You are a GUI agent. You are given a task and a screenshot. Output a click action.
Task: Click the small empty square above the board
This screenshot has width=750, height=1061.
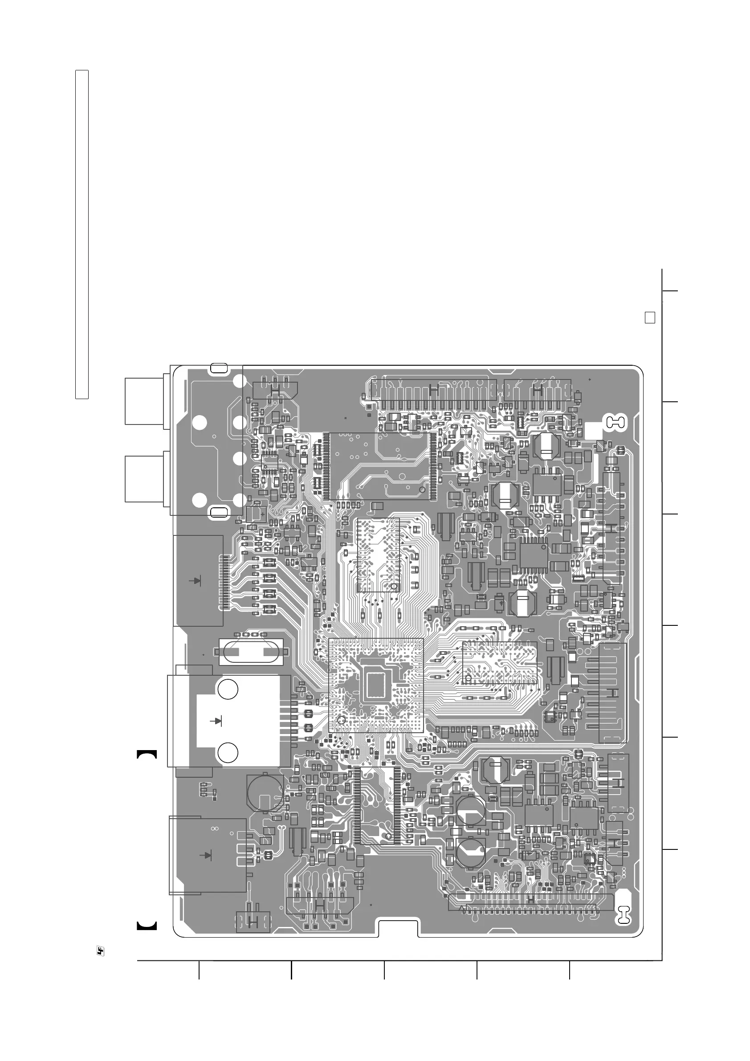click(650, 318)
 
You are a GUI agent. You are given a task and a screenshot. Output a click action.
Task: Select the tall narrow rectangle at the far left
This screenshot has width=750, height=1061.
click(82, 234)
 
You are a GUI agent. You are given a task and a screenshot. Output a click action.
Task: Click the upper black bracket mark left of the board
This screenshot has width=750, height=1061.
click(147, 754)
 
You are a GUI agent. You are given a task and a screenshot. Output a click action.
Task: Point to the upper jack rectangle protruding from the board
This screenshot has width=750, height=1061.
click(144, 400)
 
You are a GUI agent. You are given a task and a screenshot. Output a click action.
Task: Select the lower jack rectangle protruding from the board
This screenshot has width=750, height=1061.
click(144, 478)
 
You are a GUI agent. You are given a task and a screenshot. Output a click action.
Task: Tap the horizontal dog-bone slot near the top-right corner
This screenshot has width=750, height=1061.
click(616, 421)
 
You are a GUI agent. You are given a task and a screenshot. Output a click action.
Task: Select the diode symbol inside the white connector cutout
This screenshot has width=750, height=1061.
click(216, 720)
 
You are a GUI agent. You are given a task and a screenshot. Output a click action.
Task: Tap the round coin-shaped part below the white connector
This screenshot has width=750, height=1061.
click(265, 792)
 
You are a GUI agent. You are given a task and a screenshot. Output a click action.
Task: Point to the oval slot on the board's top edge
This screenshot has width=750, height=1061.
click(219, 368)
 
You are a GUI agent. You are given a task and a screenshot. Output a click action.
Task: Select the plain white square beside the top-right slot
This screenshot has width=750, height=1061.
click(594, 431)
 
